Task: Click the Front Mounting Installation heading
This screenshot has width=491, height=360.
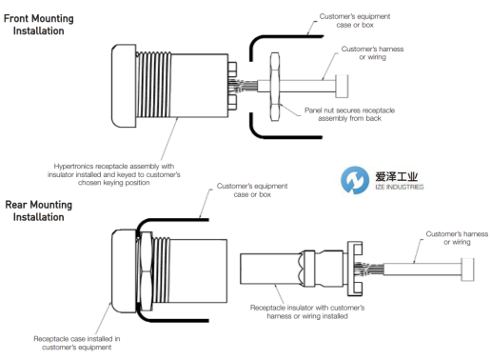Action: (x=39, y=25)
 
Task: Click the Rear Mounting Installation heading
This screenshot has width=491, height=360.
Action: (x=39, y=210)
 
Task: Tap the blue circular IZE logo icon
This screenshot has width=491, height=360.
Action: (x=355, y=180)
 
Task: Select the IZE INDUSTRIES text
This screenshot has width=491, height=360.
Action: (x=400, y=187)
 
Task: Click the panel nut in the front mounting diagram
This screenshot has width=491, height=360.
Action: (x=275, y=87)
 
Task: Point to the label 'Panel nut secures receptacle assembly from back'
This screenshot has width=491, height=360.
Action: (x=349, y=114)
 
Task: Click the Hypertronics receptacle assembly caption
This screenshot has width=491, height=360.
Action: (x=114, y=174)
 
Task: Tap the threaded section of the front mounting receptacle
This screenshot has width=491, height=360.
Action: (x=153, y=85)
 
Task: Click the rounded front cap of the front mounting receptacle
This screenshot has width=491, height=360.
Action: (x=124, y=86)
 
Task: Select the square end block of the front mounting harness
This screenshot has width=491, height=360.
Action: (x=342, y=86)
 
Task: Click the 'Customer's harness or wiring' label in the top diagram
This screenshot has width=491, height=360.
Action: (x=372, y=53)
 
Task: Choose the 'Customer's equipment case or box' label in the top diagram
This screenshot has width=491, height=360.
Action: (x=355, y=21)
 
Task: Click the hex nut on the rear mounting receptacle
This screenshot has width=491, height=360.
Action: (x=146, y=271)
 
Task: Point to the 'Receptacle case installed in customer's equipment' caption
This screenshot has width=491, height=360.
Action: (x=77, y=343)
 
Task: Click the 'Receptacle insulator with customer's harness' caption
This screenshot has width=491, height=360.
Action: (x=307, y=311)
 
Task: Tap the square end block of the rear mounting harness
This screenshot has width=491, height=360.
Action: (x=468, y=270)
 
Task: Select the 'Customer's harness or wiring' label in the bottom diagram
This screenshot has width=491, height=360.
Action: (x=457, y=238)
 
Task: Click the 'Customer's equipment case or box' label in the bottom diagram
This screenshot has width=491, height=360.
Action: (x=252, y=190)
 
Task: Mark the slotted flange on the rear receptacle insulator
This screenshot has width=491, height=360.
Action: (x=355, y=269)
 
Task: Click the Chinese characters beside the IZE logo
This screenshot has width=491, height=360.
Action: (x=397, y=176)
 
